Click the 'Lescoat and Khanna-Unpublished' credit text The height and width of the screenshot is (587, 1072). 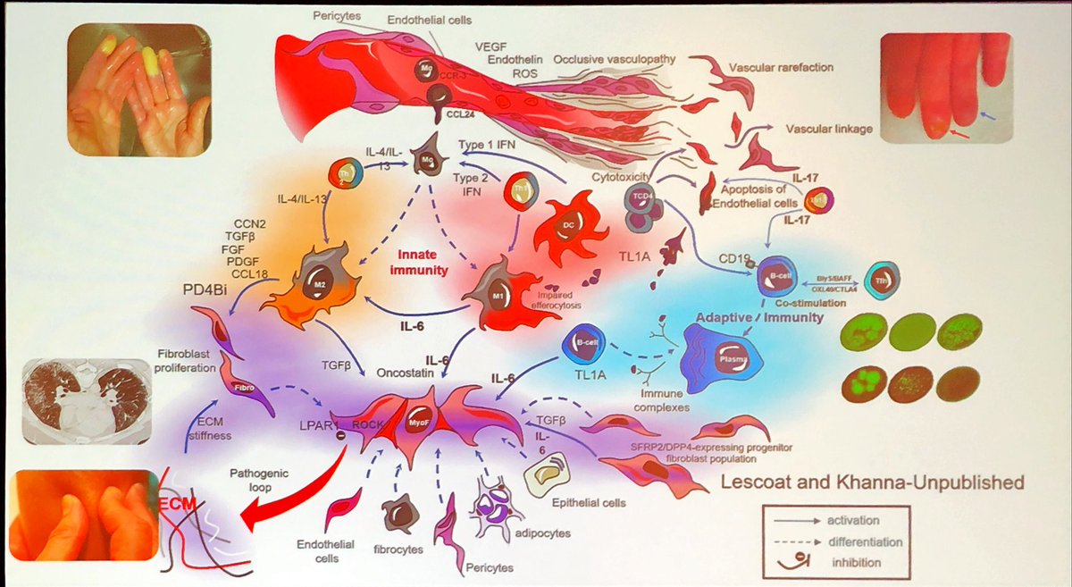872,484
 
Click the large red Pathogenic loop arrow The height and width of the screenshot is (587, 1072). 295,487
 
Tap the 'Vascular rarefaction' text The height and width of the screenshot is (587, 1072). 782,67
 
